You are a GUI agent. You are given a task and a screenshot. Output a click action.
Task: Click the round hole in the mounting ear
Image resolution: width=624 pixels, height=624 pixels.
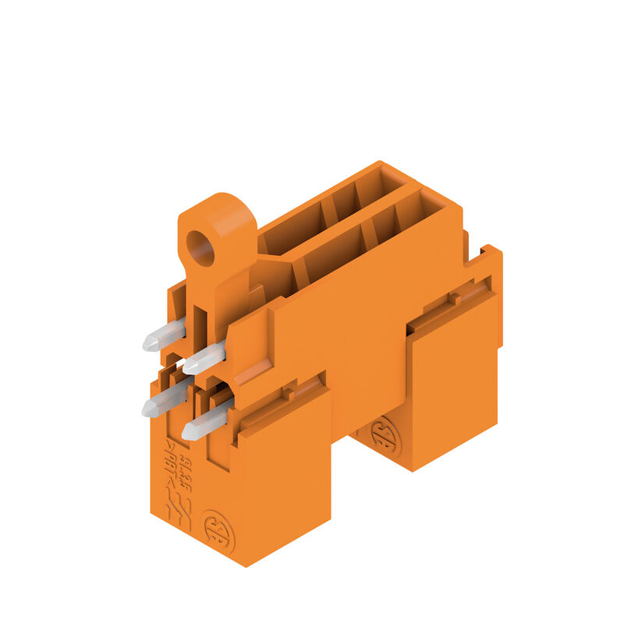[202, 250]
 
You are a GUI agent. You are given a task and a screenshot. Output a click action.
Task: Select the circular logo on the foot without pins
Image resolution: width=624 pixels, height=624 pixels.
[382, 438]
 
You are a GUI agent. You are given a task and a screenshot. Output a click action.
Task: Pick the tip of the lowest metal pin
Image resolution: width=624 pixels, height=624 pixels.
[187, 431]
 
